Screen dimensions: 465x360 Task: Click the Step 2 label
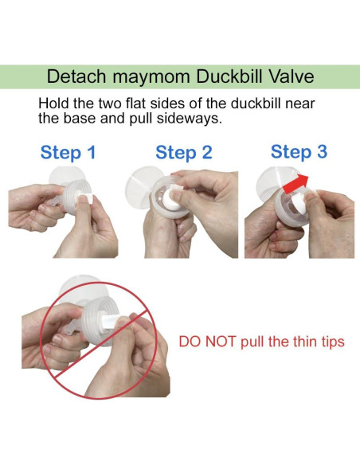184,153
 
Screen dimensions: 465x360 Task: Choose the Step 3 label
299,151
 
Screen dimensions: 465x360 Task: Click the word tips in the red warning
330,342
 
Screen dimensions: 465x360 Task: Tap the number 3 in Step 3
321,151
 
